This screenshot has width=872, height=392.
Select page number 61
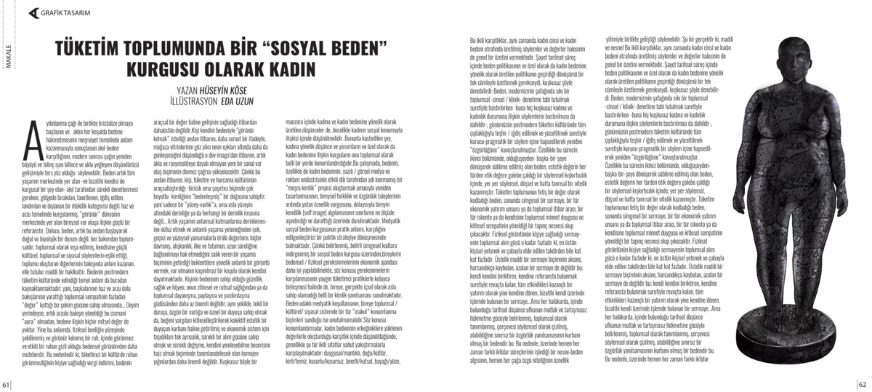6,385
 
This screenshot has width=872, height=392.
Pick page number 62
865,385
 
